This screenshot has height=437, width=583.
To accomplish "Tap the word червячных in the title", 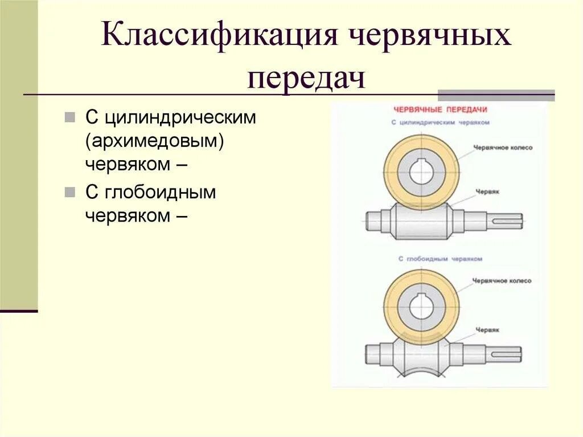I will (x=430, y=38).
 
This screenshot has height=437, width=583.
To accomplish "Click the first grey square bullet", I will (x=69, y=118).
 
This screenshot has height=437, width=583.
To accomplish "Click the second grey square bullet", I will (x=69, y=192).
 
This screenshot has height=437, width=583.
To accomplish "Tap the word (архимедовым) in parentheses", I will (x=154, y=141).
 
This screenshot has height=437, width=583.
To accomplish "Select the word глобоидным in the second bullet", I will (x=159, y=192).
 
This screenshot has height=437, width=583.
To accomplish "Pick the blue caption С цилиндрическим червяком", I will (x=441, y=122).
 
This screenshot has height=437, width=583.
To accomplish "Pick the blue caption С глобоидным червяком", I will (x=440, y=259).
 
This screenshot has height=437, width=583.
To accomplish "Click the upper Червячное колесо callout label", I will (x=503, y=148).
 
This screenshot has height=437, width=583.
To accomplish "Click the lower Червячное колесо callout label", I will (x=502, y=281).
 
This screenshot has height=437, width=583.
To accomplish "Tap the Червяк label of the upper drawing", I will (x=488, y=193).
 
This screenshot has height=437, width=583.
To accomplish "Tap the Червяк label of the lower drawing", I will (x=488, y=329).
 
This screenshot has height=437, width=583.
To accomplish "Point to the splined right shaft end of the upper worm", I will (x=504, y=220).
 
